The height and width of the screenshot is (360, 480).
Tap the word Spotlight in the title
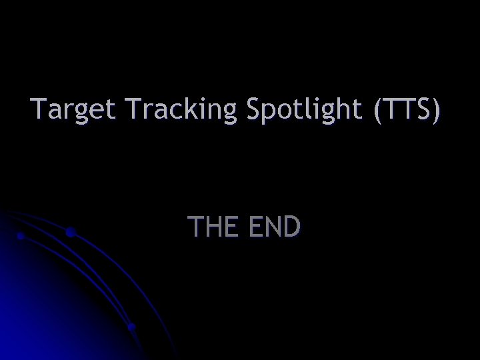[304, 109]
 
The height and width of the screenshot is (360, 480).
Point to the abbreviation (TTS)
[407, 109]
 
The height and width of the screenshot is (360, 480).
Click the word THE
[209, 227]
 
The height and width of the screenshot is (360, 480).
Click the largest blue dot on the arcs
[70, 233]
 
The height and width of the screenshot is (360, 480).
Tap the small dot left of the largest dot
[21, 236]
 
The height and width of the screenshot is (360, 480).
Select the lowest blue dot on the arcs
[132, 327]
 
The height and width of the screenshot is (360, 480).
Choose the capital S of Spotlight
[254, 109]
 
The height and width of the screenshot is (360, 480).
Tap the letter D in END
[291, 227]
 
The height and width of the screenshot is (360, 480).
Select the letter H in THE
[209, 227]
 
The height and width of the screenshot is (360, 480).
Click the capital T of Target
[39, 109]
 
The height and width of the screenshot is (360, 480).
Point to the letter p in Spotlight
[269, 112]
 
